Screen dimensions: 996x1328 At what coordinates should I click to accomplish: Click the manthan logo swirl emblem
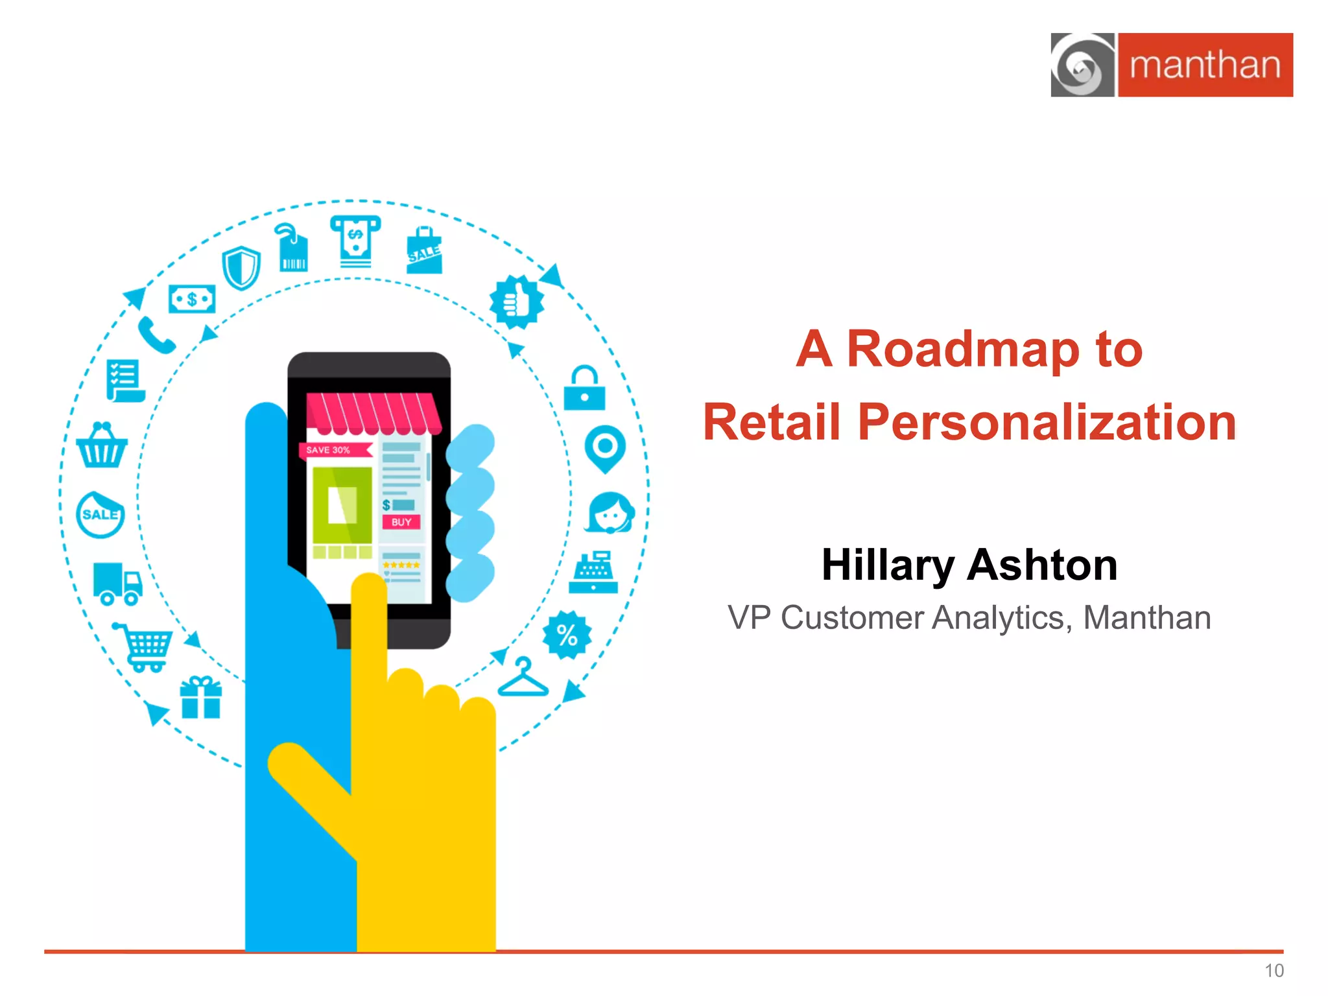pos(1082,65)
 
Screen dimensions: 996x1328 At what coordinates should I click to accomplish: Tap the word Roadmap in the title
pos(963,350)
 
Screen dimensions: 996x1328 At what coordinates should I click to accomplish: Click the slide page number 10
pos(1274,971)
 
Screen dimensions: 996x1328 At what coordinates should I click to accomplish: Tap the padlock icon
pos(584,388)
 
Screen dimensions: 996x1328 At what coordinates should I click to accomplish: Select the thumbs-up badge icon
pos(517,302)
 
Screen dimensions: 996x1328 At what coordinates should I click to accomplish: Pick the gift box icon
pos(201,698)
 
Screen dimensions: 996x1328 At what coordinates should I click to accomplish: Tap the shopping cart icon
pos(144,646)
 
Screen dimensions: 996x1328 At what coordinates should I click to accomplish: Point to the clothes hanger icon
pos(523,678)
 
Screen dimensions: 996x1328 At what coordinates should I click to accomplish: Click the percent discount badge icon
pos(567,635)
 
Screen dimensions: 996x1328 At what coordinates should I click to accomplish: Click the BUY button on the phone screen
pos(401,522)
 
